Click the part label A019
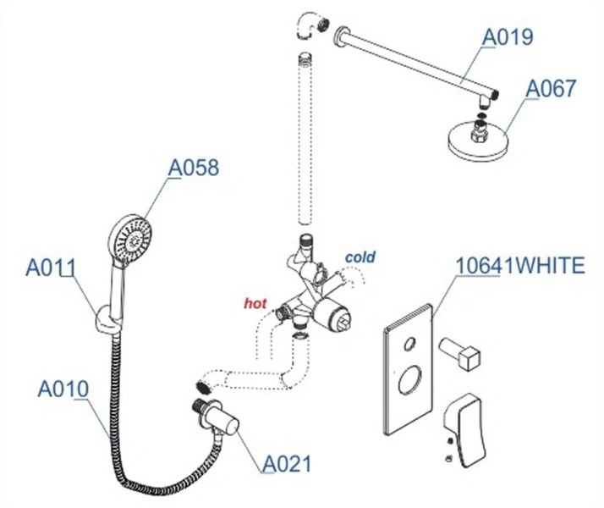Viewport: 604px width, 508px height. (x=508, y=37)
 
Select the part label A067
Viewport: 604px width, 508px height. (x=551, y=89)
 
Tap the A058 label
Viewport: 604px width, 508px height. (x=193, y=168)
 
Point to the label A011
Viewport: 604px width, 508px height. (x=51, y=268)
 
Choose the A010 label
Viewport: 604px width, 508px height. (x=63, y=389)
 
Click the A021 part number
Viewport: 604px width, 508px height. (x=286, y=463)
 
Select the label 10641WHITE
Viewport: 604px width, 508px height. (x=519, y=266)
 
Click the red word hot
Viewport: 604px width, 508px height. (x=255, y=301)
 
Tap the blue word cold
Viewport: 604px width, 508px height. (x=360, y=257)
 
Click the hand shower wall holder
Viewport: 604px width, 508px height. (x=102, y=317)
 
